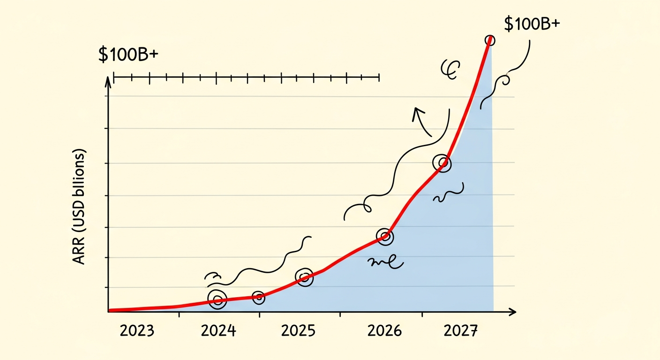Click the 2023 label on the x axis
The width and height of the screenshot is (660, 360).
coord(137,331)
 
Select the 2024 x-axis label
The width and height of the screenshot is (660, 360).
coord(218,331)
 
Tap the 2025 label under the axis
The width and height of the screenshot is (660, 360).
coord(299,331)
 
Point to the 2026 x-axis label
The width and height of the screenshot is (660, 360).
coord(384,331)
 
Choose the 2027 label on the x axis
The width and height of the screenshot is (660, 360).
coord(460,331)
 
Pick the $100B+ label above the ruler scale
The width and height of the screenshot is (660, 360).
coord(128,54)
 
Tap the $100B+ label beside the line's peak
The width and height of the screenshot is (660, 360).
coord(532,23)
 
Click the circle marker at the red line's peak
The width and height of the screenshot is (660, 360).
coord(489,40)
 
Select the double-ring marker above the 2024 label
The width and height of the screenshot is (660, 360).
coord(217,300)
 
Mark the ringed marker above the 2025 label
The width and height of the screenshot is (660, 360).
coord(305,277)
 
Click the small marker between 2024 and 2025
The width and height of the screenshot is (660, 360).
coord(258,297)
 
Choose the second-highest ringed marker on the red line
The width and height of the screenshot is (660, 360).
coord(442,164)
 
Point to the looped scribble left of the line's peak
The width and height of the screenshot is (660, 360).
coord(450,69)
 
